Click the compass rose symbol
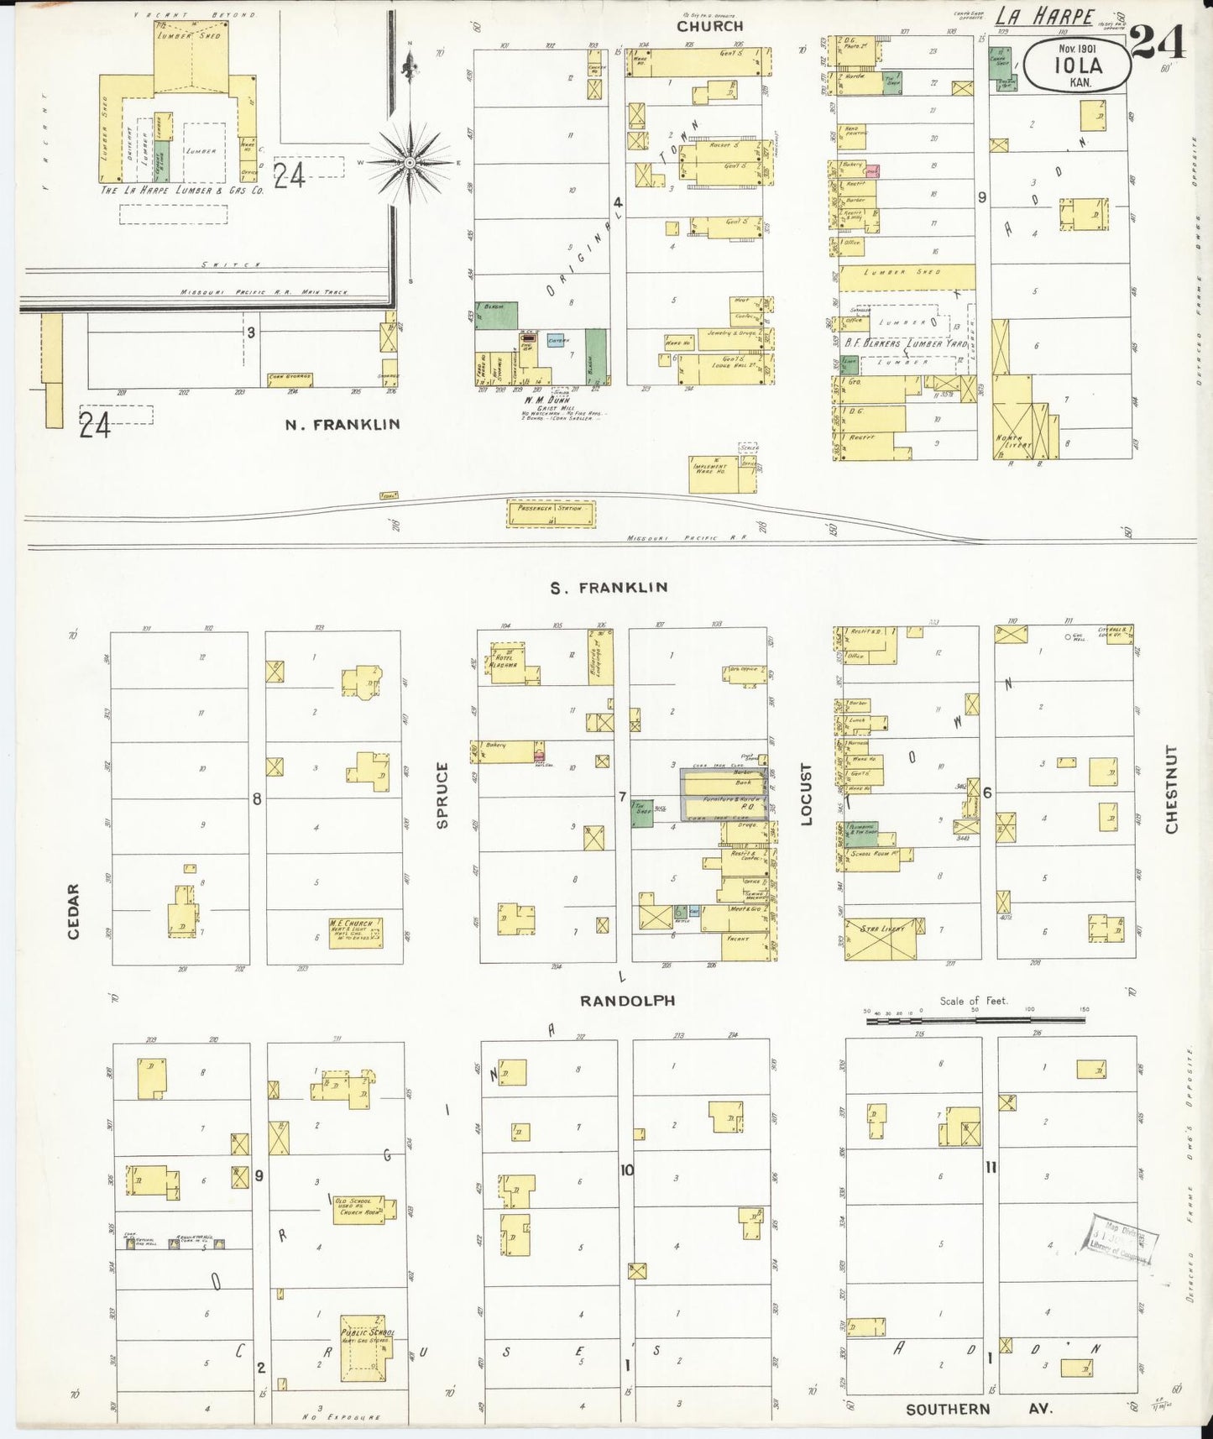(409, 160)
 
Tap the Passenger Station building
(551, 513)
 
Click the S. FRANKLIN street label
(609, 588)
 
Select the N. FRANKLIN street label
(342, 425)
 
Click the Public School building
(365, 1348)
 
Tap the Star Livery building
(881, 937)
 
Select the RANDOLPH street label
(627, 1001)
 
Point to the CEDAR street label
(73, 911)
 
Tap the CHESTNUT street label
(1171, 789)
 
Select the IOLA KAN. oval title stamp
(1078, 65)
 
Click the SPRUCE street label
(443, 795)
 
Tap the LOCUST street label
(807, 794)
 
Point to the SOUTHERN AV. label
(978, 1410)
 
